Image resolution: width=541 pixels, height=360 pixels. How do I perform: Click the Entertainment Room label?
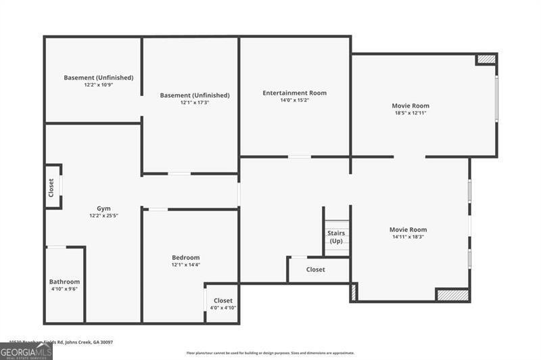(294, 93)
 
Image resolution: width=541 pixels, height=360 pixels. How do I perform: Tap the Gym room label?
(103, 208)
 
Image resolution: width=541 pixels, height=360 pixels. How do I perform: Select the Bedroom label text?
(185, 257)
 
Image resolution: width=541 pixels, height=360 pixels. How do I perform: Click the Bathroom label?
(64, 282)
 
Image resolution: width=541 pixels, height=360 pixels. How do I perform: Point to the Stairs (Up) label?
(336, 237)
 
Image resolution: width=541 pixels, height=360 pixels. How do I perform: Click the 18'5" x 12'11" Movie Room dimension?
(410, 113)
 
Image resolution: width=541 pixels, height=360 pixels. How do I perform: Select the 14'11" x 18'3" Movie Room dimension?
(408, 237)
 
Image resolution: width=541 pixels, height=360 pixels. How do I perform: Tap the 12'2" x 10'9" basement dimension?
(98, 85)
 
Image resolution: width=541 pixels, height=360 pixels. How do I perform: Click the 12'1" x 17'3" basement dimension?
(194, 103)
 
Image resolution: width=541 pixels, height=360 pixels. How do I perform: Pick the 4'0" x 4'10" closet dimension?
(222, 308)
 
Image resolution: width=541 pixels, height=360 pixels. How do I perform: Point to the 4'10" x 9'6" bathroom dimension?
(64, 289)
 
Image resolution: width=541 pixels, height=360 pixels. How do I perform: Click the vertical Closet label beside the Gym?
(51, 187)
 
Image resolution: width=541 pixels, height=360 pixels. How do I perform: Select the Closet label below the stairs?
(315, 269)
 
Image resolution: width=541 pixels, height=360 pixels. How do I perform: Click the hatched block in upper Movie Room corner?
(486, 59)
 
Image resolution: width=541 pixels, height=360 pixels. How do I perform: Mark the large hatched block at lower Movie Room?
(452, 295)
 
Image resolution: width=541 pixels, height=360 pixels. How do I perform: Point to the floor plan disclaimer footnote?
(270, 353)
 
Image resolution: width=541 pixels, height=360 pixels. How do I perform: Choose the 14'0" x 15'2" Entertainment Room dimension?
(294, 100)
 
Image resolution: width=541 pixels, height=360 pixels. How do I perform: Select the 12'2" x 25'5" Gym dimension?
(103, 216)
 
